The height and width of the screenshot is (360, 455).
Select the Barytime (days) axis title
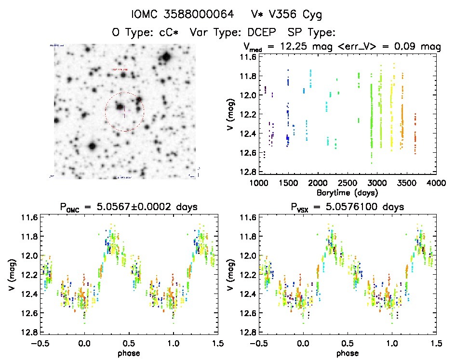click(x=348, y=192)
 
